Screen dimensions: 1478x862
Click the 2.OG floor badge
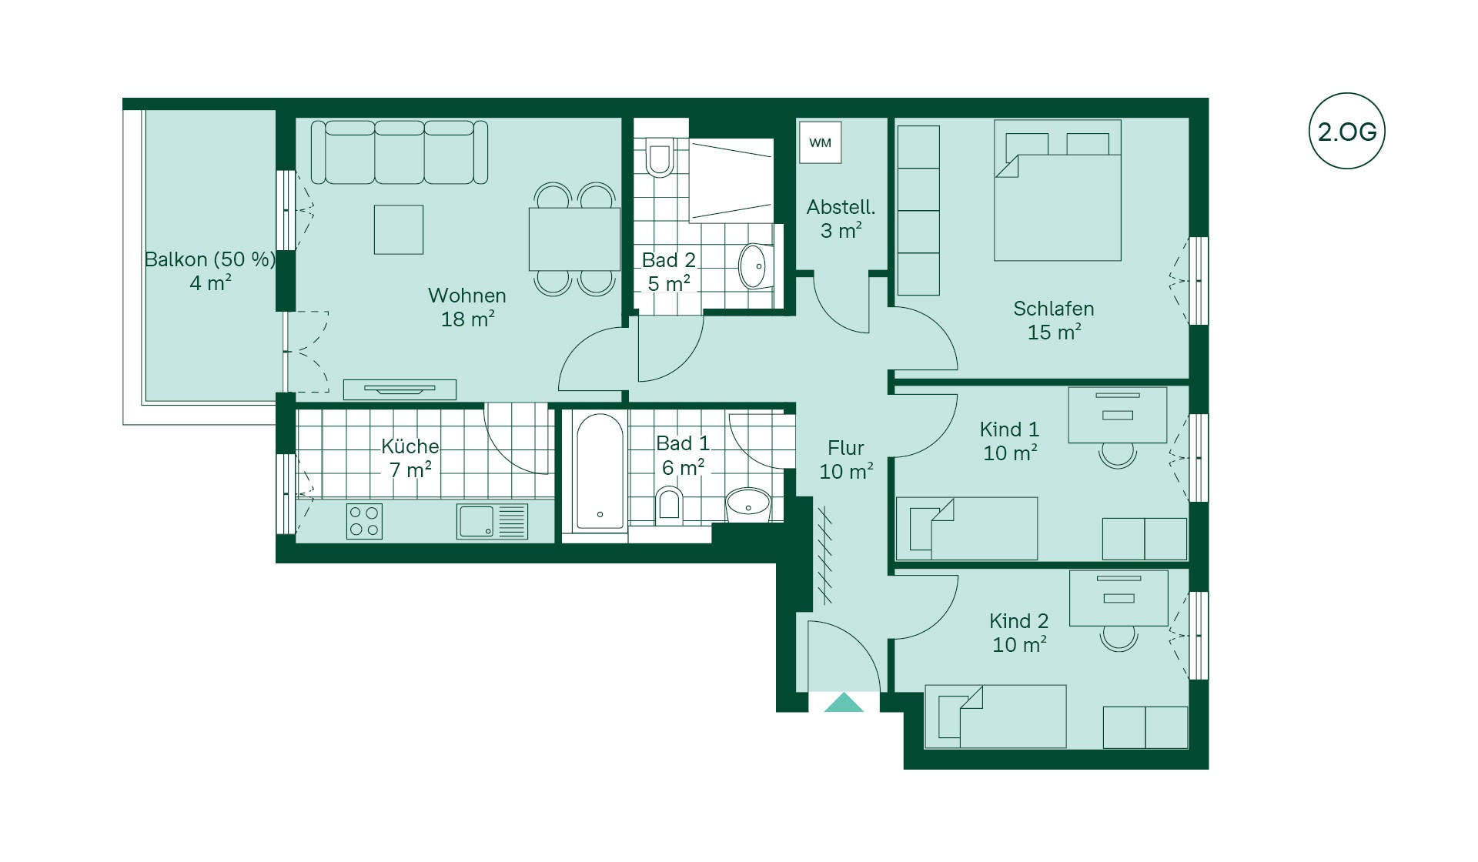pos(1346,131)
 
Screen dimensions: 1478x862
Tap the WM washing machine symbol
pos(820,142)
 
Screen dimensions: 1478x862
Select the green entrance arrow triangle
pos(844,702)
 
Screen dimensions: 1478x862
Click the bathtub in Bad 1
pos(600,473)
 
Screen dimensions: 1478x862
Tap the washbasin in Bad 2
pos(754,266)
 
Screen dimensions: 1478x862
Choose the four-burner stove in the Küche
pos(364,521)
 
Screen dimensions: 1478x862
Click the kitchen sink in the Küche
pos(492,521)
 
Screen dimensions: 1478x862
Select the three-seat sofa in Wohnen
pos(399,152)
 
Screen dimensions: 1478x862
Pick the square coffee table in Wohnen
pos(399,229)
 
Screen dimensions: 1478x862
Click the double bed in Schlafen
pos(1057,190)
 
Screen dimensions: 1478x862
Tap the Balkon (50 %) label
pos(210,259)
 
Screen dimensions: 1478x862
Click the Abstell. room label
pos(841,207)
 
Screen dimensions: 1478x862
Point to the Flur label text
pos(845,448)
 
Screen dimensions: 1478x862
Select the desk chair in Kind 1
pos(1118,455)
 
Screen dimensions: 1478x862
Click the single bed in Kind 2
pos(995,717)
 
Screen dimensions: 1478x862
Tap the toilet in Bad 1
pos(669,504)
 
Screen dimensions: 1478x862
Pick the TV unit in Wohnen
pos(400,389)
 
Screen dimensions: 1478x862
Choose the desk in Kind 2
pos(1119,598)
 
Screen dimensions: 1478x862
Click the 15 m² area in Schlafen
pos(1054,332)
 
